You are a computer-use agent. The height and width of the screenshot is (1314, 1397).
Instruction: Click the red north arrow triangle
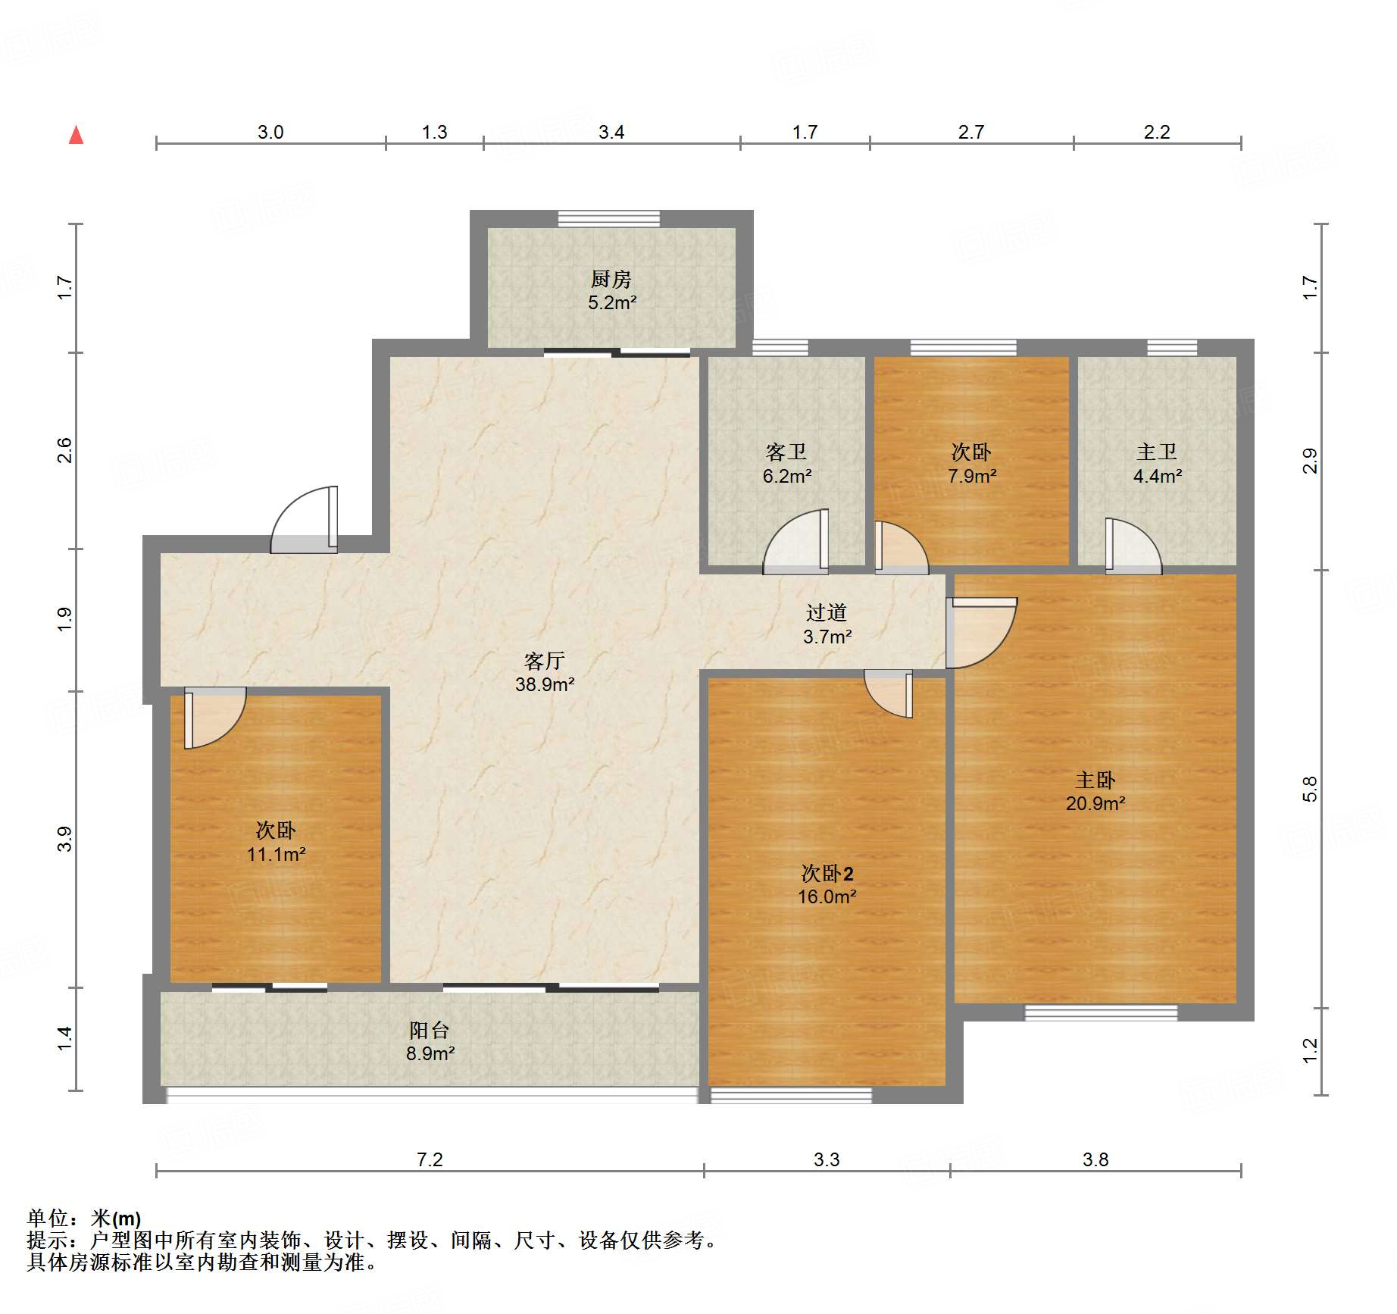76,136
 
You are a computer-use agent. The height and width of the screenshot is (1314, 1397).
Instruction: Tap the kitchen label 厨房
611,279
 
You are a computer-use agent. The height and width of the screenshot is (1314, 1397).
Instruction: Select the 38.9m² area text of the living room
544,685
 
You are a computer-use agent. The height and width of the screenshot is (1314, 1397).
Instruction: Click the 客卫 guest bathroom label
786,452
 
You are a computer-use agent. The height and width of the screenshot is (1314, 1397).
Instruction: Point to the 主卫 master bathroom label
1156,452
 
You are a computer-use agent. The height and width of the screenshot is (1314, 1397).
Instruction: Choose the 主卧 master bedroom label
1095,780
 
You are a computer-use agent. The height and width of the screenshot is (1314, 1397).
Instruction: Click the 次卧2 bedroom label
827,874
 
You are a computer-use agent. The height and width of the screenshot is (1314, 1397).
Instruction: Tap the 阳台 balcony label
429,1030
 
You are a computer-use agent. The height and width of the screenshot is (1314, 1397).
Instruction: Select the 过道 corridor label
826,612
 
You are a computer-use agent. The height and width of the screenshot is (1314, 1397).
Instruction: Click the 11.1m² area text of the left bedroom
276,855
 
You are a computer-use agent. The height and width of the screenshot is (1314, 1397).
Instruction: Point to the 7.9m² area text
971,477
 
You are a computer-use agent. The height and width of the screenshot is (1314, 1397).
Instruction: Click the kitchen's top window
608,218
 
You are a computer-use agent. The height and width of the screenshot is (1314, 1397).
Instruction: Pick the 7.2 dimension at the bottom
429,1159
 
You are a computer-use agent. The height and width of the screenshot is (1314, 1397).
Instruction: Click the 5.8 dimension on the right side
1310,789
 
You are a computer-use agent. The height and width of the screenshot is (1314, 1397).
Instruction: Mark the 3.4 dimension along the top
611,133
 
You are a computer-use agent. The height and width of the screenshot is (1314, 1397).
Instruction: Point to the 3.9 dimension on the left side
65,839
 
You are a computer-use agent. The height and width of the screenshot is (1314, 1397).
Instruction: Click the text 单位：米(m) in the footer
83,1219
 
